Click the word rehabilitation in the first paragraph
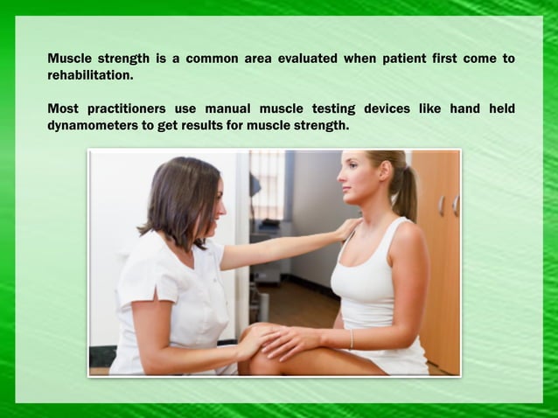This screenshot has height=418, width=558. pos(90,75)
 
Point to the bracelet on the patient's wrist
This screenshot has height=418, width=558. pos(351,338)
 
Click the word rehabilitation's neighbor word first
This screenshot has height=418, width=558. pos(443,59)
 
